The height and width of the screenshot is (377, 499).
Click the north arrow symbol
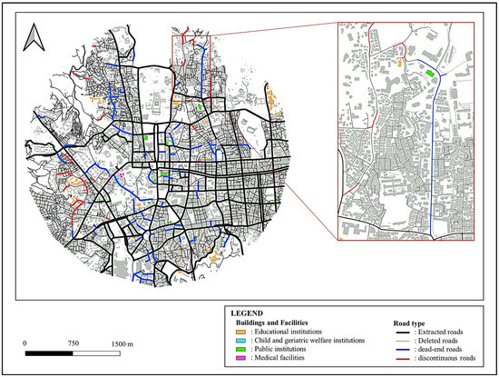click(x=34, y=39)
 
